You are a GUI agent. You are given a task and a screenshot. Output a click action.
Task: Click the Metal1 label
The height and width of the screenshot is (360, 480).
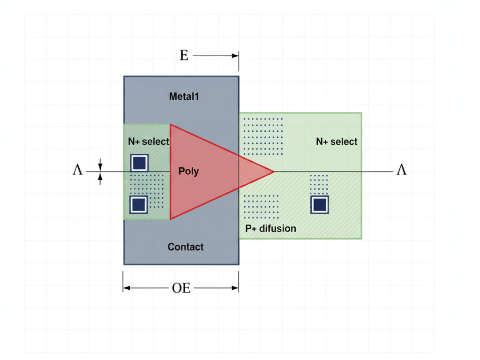[184, 97]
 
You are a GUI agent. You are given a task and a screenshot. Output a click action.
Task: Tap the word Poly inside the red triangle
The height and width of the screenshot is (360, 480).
[188, 171]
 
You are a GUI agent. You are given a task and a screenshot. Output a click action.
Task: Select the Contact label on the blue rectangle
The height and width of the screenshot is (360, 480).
[186, 247]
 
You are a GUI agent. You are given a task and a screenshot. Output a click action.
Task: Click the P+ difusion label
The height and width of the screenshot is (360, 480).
[271, 229]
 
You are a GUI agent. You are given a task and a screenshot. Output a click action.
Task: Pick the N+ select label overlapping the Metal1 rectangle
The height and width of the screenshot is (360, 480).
[148, 142]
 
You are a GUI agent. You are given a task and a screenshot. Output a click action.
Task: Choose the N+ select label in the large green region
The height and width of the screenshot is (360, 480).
[337, 142]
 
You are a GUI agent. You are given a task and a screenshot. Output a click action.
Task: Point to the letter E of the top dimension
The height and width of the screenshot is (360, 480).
[184, 56]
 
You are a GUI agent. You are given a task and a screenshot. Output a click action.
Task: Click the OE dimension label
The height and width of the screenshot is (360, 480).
[181, 288]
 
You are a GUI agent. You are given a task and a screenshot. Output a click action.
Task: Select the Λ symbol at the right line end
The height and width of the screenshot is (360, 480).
[401, 170]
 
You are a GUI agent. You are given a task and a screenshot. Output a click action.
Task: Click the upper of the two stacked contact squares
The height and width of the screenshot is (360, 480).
[139, 163]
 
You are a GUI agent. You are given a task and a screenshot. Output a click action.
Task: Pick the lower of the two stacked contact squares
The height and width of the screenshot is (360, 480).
[138, 204]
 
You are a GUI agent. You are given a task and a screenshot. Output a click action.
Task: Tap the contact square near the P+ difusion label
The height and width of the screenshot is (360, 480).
[320, 204]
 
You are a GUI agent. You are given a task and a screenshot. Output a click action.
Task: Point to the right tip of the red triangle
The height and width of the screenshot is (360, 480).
[273, 172]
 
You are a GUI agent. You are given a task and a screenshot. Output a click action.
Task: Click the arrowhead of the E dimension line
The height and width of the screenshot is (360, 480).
[235, 56]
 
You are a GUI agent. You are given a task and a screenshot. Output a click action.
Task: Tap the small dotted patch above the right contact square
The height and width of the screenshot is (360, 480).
[319, 183]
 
